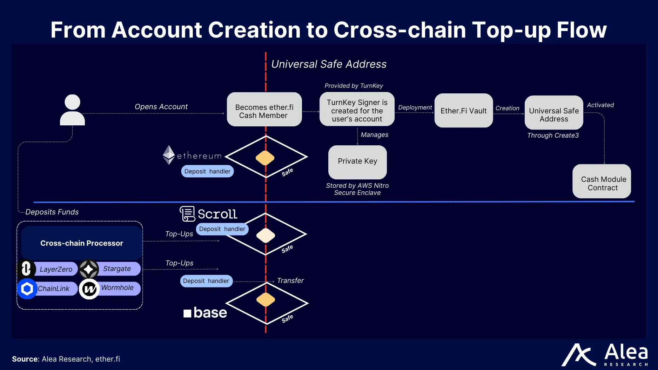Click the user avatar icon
click(x=72, y=110)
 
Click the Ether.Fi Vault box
click(x=463, y=111)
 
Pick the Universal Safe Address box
click(x=553, y=113)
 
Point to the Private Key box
click(x=357, y=162)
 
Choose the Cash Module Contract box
click(x=602, y=181)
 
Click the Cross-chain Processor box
click(x=82, y=243)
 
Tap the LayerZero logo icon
click(x=26, y=269)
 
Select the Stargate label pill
click(x=117, y=269)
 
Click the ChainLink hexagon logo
click(x=27, y=289)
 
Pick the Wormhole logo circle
click(x=89, y=289)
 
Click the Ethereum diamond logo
click(x=169, y=155)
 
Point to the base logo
click(x=205, y=312)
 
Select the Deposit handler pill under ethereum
click(x=207, y=171)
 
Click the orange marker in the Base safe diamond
click(x=266, y=299)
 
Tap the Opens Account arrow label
click(x=161, y=107)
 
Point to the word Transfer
click(x=290, y=280)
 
